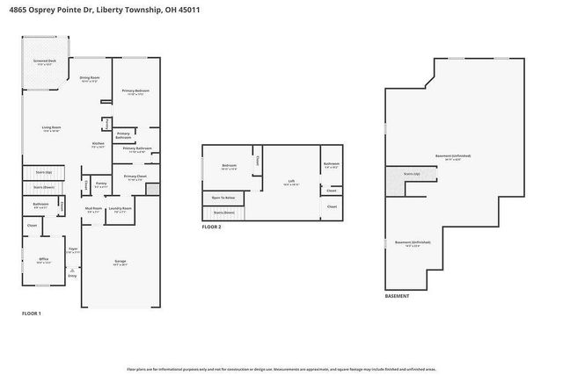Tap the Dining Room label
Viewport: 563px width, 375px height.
pyautogui.click(x=89, y=79)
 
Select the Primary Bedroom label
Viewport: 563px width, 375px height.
pyautogui.click(x=135, y=91)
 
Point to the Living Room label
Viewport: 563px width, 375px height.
pyautogui.click(x=51, y=128)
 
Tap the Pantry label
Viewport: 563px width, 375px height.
pyautogui.click(x=101, y=184)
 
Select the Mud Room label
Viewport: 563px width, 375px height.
pyautogui.click(x=93, y=209)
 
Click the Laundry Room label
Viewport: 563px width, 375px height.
pyautogui.click(x=121, y=209)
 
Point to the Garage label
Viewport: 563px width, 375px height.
pyautogui.click(x=121, y=262)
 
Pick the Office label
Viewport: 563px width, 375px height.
pyautogui.click(x=43, y=260)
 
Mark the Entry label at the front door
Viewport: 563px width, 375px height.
pyautogui.click(x=72, y=276)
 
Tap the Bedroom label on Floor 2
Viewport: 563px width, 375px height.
pyautogui.click(x=229, y=165)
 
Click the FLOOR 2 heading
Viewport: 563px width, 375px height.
pyautogui.click(x=211, y=227)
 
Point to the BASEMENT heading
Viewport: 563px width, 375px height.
pyautogui.click(x=397, y=296)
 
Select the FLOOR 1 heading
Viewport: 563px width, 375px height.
pyautogui.click(x=31, y=314)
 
